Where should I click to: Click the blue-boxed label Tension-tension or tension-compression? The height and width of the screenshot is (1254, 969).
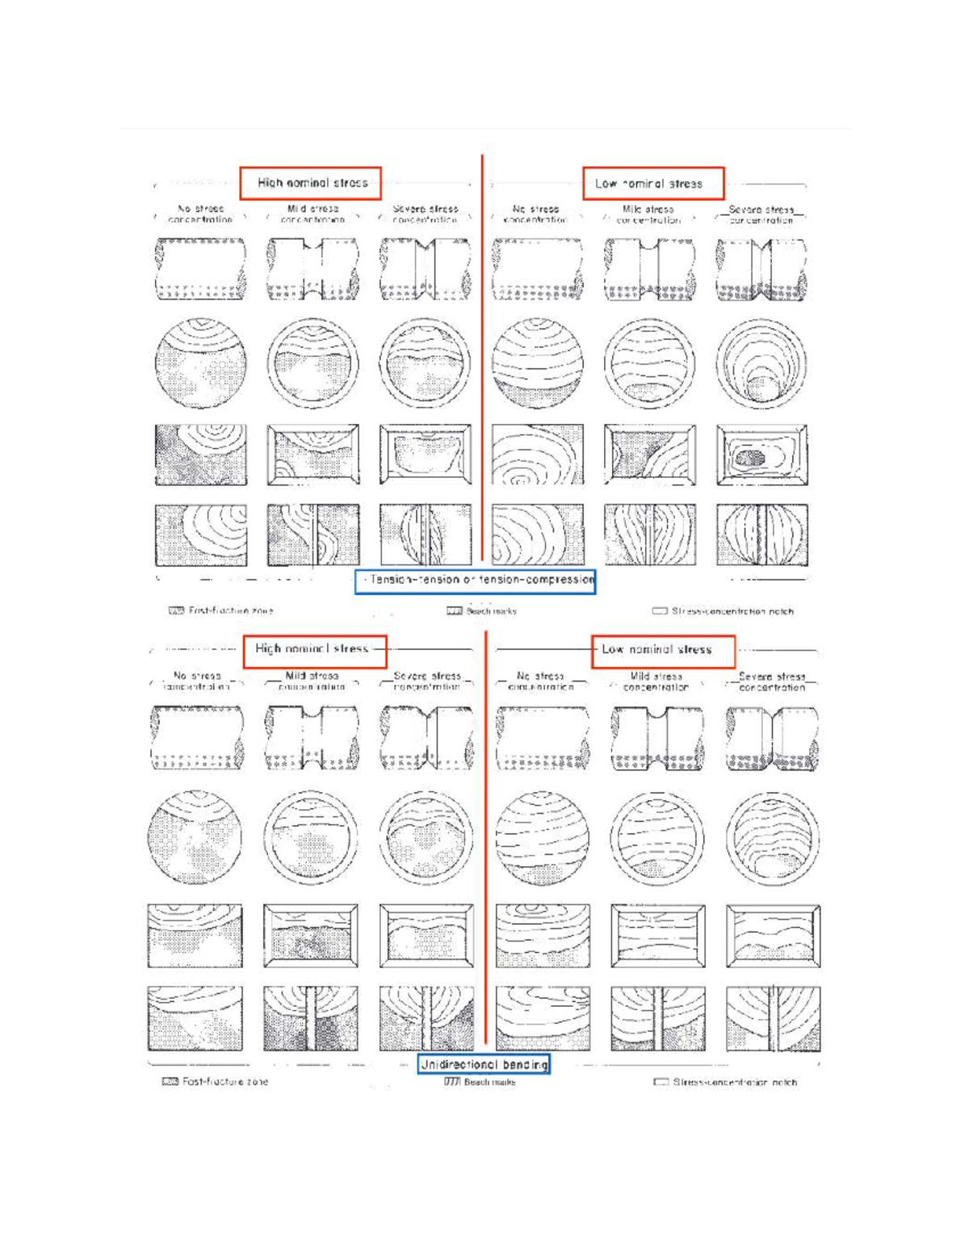pyautogui.click(x=476, y=581)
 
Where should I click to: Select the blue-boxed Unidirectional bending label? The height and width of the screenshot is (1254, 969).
pyautogui.click(x=484, y=1064)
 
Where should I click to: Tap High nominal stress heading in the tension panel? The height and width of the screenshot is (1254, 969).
pyautogui.click(x=311, y=183)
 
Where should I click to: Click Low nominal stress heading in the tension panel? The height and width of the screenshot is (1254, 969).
pyautogui.click(x=652, y=184)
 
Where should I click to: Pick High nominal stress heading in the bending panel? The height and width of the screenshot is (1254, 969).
pyautogui.click(x=314, y=649)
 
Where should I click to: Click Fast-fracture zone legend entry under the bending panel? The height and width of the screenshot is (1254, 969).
pyautogui.click(x=216, y=1081)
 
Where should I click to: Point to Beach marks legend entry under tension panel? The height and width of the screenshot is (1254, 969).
pyautogui.click(x=482, y=611)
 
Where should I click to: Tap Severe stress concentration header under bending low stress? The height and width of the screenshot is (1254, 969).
pyautogui.click(x=771, y=682)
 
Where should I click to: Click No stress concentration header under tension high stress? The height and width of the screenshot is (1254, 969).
pyautogui.click(x=200, y=214)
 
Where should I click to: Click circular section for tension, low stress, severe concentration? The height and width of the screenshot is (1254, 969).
pyautogui.click(x=761, y=363)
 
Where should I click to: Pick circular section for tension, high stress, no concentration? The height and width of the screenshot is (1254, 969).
pyautogui.click(x=200, y=363)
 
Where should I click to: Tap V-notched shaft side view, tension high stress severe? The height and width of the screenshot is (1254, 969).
pyautogui.click(x=426, y=269)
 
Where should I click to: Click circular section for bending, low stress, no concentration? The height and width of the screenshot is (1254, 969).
pyautogui.click(x=541, y=837)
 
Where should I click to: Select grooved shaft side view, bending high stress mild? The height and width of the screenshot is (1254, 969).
pyautogui.click(x=312, y=736)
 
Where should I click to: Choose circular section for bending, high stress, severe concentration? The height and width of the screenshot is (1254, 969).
pyautogui.click(x=426, y=837)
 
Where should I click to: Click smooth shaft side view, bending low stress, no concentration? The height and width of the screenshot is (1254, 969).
pyautogui.click(x=543, y=736)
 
